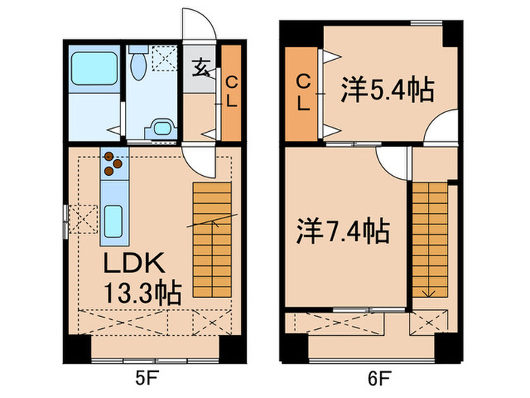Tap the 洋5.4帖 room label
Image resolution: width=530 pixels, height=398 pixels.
point(386,91)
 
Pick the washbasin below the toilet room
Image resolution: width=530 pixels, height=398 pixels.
point(160,128)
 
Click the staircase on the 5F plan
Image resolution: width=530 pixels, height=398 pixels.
point(210,239)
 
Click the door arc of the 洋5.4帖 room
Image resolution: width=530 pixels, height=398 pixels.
point(439,129)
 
